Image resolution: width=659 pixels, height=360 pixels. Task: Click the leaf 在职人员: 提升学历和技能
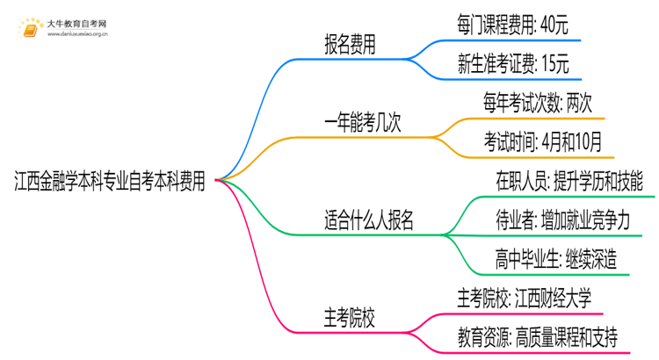click(x=570, y=182)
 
